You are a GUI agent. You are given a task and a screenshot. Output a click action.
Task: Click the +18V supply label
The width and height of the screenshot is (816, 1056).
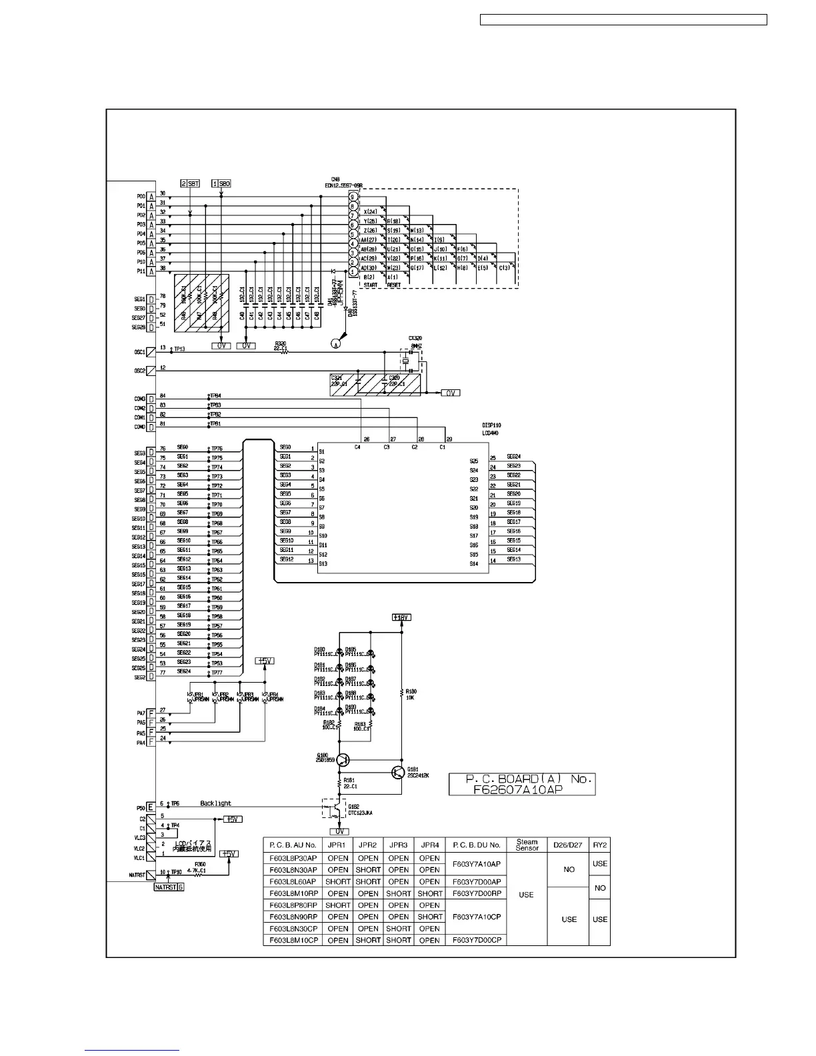click(x=402, y=617)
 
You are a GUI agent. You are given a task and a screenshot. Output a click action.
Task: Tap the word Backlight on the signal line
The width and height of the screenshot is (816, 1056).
click(x=215, y=803)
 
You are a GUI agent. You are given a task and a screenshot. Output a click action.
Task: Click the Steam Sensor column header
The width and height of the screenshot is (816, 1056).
click(x=527, y=845)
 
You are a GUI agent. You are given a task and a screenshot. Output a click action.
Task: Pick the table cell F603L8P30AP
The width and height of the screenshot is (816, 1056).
click(x=293, y=859)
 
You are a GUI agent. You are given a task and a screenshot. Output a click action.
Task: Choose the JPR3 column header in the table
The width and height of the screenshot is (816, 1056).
click(x=399, y=845)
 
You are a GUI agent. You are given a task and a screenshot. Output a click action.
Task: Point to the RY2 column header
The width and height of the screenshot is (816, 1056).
click(x=600, y=845)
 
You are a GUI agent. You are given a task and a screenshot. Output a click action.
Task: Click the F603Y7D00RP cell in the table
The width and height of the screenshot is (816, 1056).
click(x=477, y=894)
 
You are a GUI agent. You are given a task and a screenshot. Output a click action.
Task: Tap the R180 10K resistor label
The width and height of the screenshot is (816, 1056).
click(x=411, y=695)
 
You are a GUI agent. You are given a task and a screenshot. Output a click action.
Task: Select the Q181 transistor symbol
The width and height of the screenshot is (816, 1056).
click(x=397, y=773)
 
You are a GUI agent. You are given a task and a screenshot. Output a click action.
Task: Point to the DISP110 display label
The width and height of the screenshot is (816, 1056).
click(x=491, y=425)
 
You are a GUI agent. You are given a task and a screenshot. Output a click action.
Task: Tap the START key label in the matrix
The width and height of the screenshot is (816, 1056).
click(x=370, y=285)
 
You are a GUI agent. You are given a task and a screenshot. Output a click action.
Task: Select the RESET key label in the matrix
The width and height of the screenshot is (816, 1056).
click(x=393, y=285)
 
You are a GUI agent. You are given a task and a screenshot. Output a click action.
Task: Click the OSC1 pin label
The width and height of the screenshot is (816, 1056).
click(x=140, y=351)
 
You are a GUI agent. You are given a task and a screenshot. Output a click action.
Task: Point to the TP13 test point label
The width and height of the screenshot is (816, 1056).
click(x=179, y=349)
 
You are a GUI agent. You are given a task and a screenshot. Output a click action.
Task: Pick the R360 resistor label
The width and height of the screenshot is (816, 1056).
click(x=200, y=864)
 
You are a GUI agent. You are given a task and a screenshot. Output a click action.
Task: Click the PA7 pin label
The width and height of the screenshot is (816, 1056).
click(x=141, y=713)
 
